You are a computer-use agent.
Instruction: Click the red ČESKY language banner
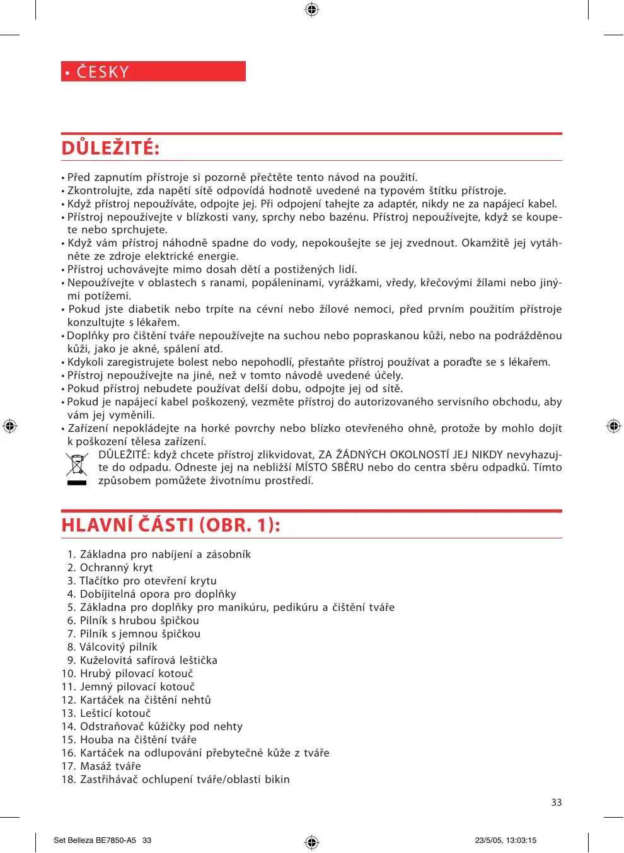click(153, 71)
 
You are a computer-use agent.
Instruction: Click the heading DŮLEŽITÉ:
click(110, 148)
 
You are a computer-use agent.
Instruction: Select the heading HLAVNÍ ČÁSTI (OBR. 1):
click(171, 525)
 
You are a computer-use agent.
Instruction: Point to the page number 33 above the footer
click(557, 803)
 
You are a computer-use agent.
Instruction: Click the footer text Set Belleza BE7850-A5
click(95, 840)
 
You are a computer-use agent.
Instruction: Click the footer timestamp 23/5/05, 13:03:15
click(506, 840)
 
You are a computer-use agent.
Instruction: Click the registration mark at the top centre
click(311, 9)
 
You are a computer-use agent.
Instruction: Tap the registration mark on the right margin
click(613, 426)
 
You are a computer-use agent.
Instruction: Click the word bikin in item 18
click(277, 780)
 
